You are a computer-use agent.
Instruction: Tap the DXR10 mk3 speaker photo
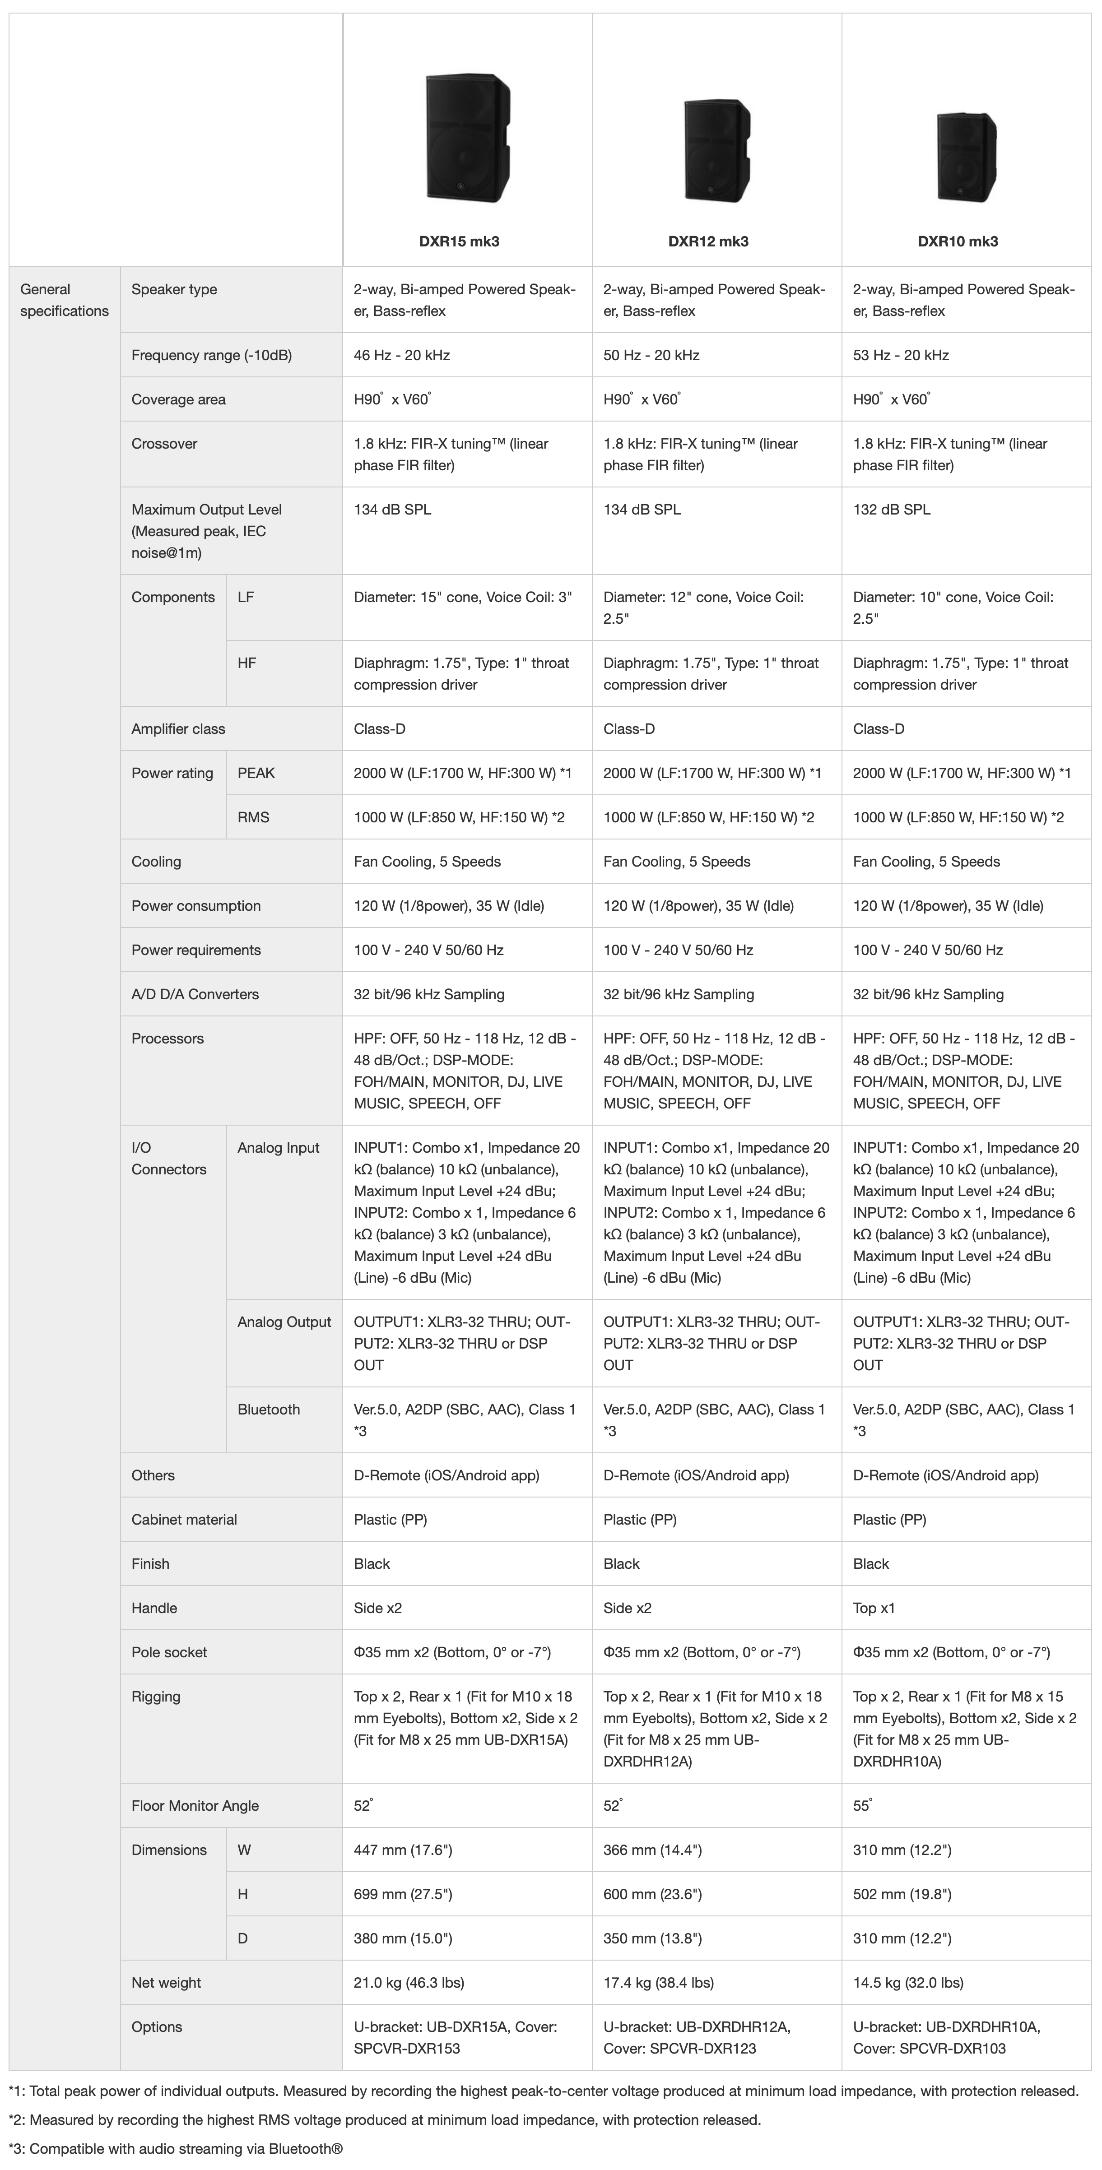(967, 157)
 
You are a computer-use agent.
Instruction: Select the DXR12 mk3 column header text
(708, 242)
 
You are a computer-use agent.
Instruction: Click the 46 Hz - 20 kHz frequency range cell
(402, 356)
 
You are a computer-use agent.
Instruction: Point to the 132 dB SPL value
(891, 510)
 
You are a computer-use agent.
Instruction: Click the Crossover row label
(164, 444)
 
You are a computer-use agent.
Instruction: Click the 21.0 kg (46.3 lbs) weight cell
(409, 1983)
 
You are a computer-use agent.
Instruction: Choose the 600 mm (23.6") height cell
(652, 1895)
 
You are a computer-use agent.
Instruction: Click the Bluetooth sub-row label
(269, 1410)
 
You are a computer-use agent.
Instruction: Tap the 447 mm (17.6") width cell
(403, 1850)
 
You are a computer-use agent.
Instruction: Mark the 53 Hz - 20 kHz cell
(901, 356)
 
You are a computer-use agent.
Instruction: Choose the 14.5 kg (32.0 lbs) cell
(908, 1983)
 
